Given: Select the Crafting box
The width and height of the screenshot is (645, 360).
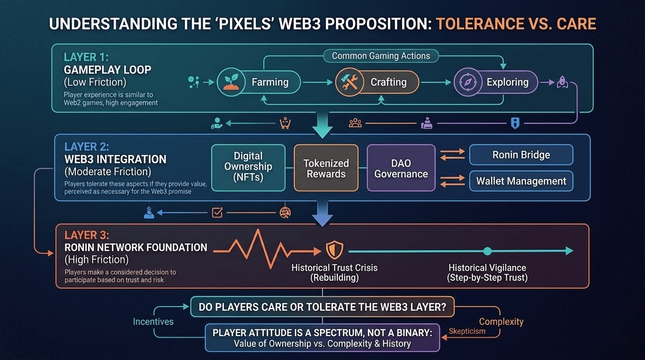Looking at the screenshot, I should pyautogui.click(x=377, y=82).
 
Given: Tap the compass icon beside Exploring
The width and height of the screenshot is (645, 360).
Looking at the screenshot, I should pyautogui.click(x=467, y=82).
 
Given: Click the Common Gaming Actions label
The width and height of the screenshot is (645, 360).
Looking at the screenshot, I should pyautogui.click(x=381, y=56).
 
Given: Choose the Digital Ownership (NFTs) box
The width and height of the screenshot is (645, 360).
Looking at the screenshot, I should pyautogui.click(x=248, y=167).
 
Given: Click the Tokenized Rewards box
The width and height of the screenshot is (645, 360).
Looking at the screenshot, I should pyautogui.click(x=326, y=168).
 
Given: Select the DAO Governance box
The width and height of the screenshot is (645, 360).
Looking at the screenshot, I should pyautogui.click(x=401, y=168).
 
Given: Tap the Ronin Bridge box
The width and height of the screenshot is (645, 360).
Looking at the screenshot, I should pyautogui.click(x=521, y=155).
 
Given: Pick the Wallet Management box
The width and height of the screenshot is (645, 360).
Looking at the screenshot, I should pyautogui.click(x=521, y=181).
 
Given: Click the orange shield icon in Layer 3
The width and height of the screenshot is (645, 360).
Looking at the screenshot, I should pyautogui.click(x=334, y=251).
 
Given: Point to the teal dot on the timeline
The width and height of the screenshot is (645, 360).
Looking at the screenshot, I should pyautogui.click(x=487, y=251).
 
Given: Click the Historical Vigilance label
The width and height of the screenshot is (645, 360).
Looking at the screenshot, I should pyautogui.click(x=487, y=273).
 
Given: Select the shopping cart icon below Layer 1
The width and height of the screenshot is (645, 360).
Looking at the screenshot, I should pyautogui.click(x=285, y=123).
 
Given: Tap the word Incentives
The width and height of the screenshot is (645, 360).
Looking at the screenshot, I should pyautogui.click(x=153, y=322).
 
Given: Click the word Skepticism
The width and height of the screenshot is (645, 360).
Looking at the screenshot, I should pyautogui.click(x=466, y=331).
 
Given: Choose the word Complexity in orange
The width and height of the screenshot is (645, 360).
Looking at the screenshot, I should pyautogui.click(x=501, y=322).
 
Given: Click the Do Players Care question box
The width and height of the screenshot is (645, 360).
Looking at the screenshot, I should pyautogui.click(x=322, y=307).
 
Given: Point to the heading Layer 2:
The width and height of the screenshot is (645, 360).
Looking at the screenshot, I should pyautogui.click(x=87, y=146).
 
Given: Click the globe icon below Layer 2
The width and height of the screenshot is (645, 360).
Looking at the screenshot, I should pyautogui.click(x=285, y=212).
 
